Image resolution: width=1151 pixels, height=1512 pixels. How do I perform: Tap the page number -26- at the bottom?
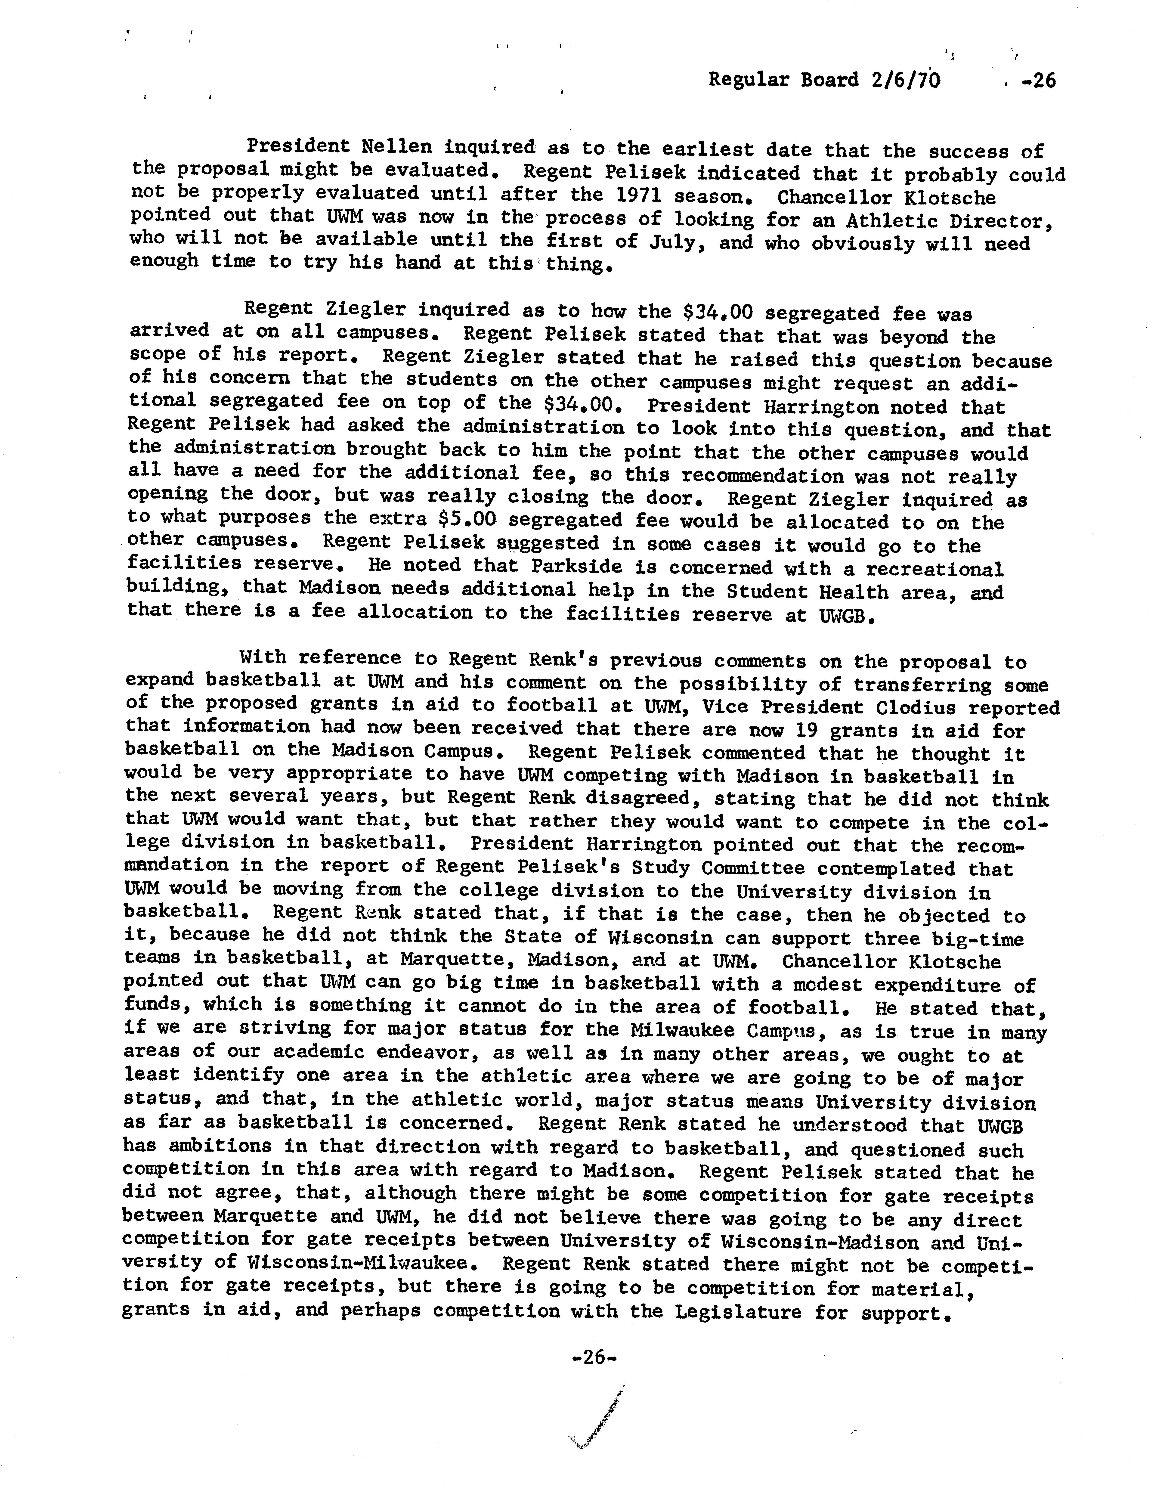(x=594, y=1357)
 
